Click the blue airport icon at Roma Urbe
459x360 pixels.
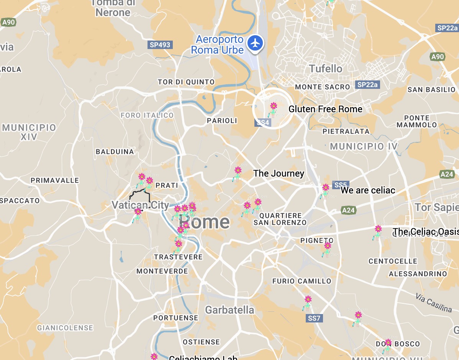click(x=255, y=43)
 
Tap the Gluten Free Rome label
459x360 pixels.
click(x=325, y=109)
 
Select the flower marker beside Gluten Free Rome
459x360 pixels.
click(x=273, y=108)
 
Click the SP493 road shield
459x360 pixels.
click(x=160, y=45)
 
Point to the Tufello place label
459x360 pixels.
click(x=326, y=69)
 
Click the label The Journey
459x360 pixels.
click(x=279, y=173)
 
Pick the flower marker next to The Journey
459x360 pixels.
click(x=238, y=173)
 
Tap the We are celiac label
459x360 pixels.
click(x=367, y=190)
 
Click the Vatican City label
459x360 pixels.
click(x=140, y=205)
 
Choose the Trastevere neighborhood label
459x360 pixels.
click(x=178, y=257)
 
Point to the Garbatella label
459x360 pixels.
click(x=229, y=310)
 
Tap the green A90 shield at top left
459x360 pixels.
click(x=8, y=22)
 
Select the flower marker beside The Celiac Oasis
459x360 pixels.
click(x=378, y=231)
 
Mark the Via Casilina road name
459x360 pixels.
click(x=434, y=303)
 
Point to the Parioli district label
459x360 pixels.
click(x=222, y=121)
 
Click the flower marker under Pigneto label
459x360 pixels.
click(x=327, y=248)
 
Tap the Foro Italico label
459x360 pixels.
click(x=147, y=115)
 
